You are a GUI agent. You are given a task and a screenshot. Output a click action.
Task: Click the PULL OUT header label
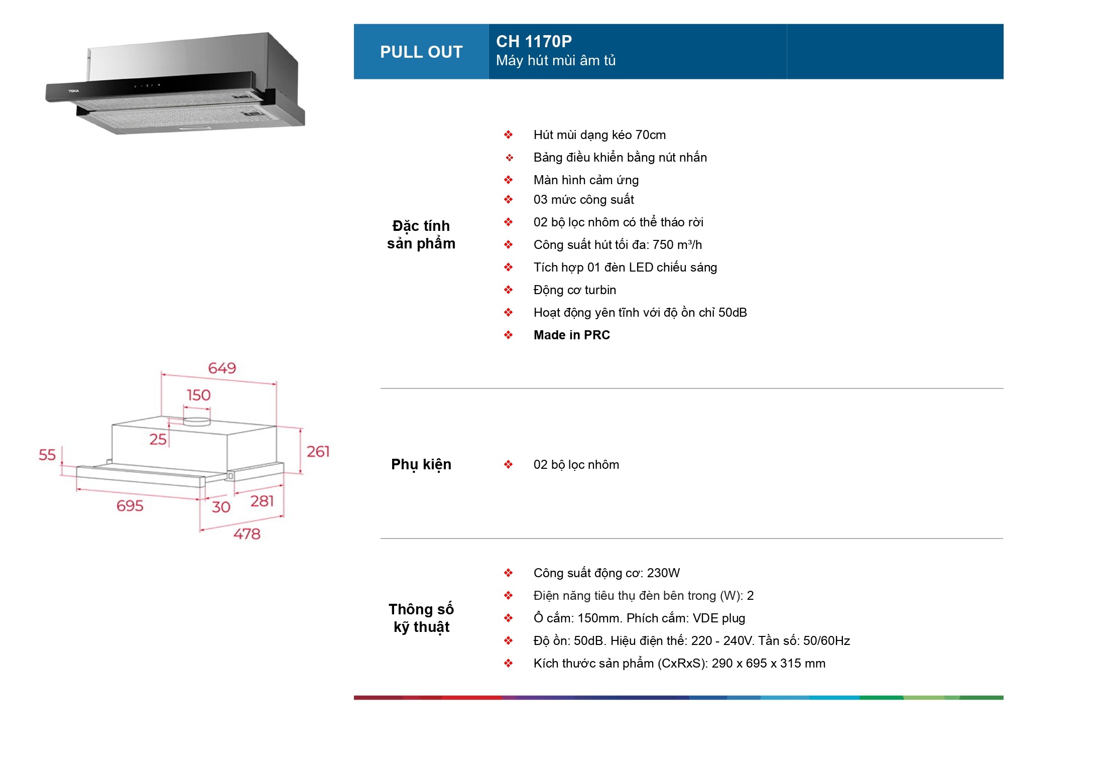coord(421,52)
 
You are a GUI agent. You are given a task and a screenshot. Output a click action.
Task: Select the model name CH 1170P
coord(534,41)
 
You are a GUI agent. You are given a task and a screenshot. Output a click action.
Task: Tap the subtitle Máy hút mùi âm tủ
coord(555,61)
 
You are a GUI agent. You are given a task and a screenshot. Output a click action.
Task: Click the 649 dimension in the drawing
coord(222,368)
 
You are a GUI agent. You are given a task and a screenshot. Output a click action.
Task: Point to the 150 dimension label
coord(198,396)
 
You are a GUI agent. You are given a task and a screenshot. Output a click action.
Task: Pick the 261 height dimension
coord(318,452)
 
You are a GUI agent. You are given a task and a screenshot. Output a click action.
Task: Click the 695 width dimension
coord(130,505)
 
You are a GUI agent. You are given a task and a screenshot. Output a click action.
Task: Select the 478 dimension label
coord(247,534)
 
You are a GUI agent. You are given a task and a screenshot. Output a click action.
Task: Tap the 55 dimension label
coord(47,455)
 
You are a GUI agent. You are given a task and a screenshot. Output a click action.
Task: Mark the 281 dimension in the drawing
coord(262,501)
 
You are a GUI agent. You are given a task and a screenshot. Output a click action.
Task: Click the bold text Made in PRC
coord(571,335)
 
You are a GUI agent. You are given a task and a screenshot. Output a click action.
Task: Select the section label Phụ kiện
coord(421,464)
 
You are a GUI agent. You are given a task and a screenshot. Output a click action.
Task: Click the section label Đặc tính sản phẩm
coord(421,235)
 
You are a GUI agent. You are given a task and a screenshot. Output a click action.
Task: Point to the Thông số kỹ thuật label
coord(421,618)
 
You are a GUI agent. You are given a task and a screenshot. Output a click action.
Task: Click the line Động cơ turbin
coord(574,290)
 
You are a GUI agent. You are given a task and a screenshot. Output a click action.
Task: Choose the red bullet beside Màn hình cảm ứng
coord(508,180)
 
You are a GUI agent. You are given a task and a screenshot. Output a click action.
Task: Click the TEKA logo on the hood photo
coord(74,91)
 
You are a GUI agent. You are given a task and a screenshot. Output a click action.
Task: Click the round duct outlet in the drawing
coord(196,421)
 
